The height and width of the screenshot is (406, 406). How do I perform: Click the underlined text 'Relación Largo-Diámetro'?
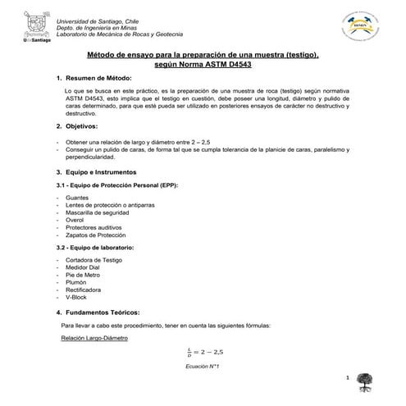[94, 339]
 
